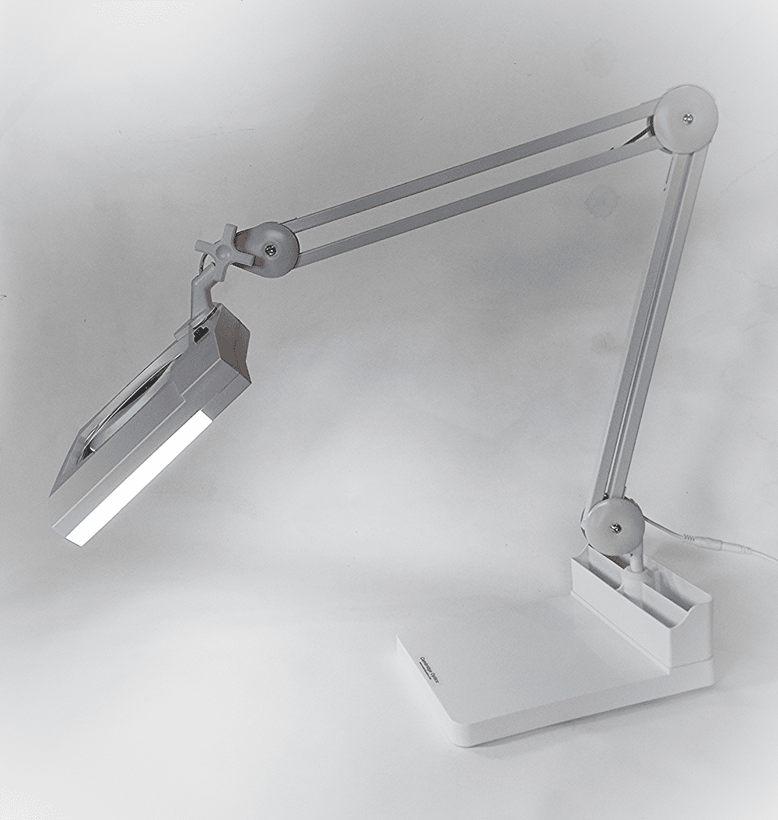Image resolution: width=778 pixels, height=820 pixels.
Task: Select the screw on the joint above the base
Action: tap(614, 529)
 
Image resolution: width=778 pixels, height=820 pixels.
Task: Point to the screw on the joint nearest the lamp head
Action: tap(269, 249)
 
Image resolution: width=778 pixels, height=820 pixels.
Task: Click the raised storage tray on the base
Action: tap(643, 608)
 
